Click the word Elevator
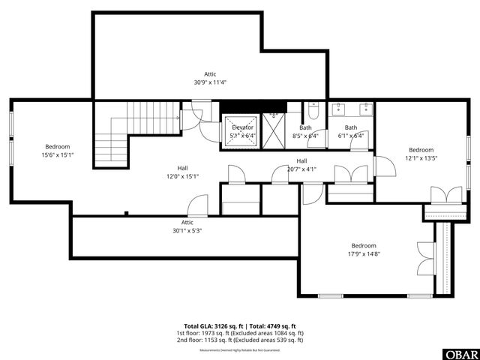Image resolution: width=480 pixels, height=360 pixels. (242, 127)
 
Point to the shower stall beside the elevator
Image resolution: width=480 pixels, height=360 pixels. (274, 130)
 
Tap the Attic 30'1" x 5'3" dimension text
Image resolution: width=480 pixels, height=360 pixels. (187, 231)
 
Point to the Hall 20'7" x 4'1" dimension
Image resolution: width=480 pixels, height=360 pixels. (301, 169)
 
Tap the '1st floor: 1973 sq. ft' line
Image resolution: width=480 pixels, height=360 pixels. (239, 333)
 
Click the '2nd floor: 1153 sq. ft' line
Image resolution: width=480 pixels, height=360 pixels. (239, 340)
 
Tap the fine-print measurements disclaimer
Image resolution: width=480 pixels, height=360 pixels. (239, 350)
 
